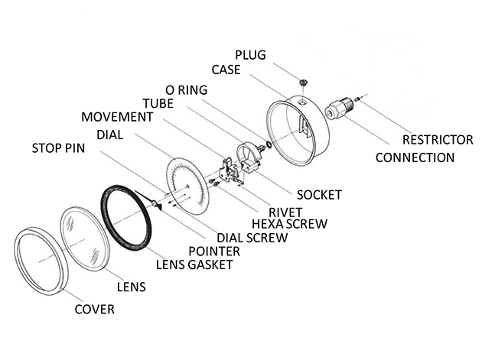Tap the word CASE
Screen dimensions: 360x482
pyautogui.click(x=226, y=70)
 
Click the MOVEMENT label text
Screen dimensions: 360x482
pyautogui.click(x=116, y=117)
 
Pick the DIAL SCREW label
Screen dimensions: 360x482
pyautogui.click(x=252, y=238)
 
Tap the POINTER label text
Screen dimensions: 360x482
pyautogui.click(x=214, y=251)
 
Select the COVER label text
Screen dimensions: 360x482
pyautogui.click(x=94, y=309)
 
